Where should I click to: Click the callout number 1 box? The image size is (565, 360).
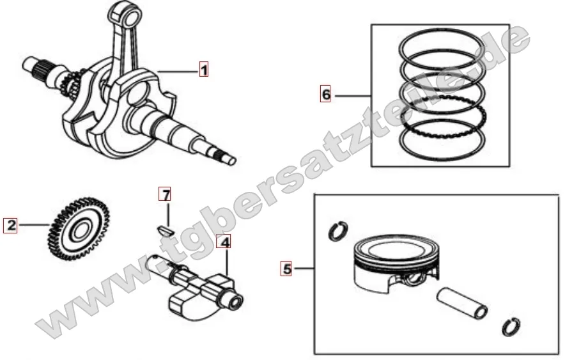[x=204, y=69]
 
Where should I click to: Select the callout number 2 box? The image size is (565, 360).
[x=10, y=225]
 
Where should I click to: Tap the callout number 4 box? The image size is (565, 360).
[x=224, y=242]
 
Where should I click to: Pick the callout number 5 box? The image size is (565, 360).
[x=286, y=269]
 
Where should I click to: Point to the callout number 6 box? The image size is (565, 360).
[x=325, y=95]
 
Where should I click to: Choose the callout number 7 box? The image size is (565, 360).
[x=166, y=195]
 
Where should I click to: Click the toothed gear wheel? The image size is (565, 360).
[x=78, y=229]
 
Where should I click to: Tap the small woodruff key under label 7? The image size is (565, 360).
[x=166, y=230]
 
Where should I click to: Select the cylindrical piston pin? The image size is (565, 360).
[x=462, y=304]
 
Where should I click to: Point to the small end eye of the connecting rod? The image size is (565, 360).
[x=125, y=15]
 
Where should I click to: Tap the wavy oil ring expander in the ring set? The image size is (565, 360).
[x=443, y=116]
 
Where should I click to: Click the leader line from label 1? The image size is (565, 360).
[x=178, y=72]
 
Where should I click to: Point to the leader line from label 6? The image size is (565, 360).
[x=353, y=96]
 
